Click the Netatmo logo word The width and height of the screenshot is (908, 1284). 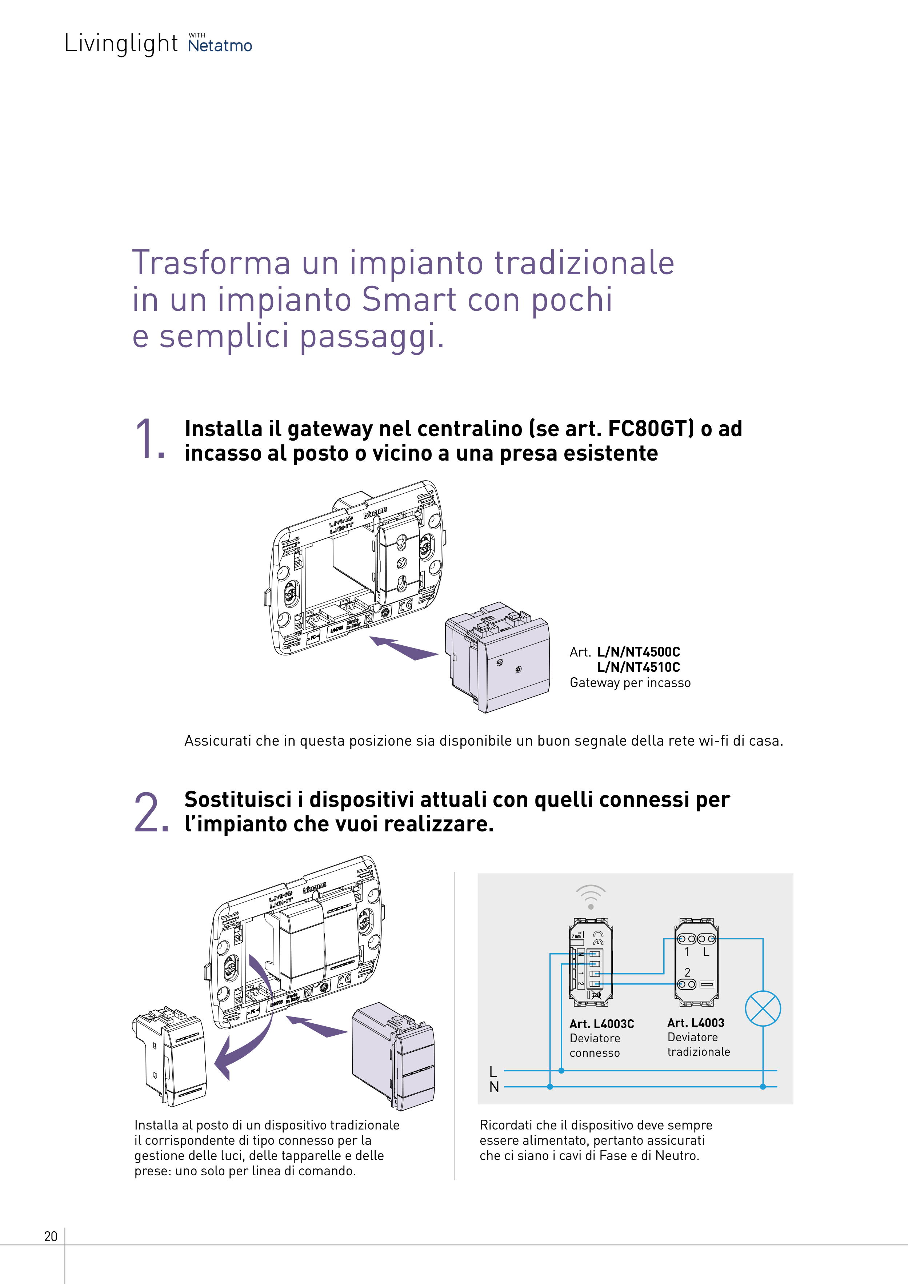pyautogui.click(x=220, y=46)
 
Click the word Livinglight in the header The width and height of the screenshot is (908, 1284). pyautogui.click(x=121, y=44)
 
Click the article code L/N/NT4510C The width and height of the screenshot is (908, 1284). pyautogui.click(x=638, y=667)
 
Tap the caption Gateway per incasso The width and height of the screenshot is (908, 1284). pyautogui.click(x=630, y=683)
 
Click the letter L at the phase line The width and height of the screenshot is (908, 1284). pyautogui.click(x=493, y=1071)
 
